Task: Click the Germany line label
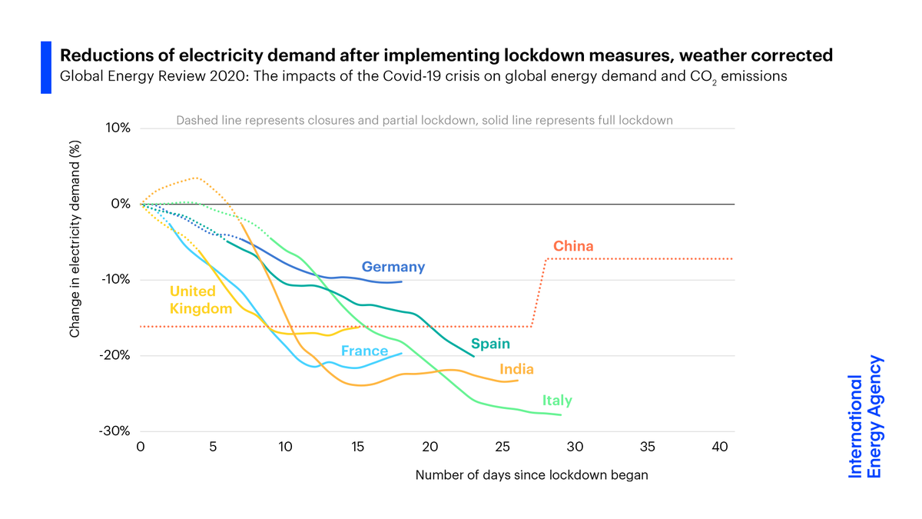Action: (x=393, y=267)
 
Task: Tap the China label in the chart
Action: (x=573, y=246)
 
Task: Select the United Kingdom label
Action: (x=201, y=300)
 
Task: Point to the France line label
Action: (x=364, y=351)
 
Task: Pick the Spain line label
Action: (x=490, y=344)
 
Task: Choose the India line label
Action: (x=516, y=369)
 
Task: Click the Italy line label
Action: (x=557, y=401)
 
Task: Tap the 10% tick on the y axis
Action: (x=118, y=128)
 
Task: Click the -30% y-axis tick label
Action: (x=114, y=431)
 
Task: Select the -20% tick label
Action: (x=114, y=355)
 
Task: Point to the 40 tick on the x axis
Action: (x=720, y=447)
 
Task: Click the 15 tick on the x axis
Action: (x=357, y=447)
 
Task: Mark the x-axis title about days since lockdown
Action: (x=532, y=475)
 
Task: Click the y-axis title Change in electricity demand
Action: (x=75, y=239)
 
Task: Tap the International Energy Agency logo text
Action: (x=865, y=417)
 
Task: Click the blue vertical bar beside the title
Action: (x=46, y=68)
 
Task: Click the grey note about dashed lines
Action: (x=424, y=120)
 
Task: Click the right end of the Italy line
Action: (x=561, y=414)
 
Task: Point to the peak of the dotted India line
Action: (x=197, y=178)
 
